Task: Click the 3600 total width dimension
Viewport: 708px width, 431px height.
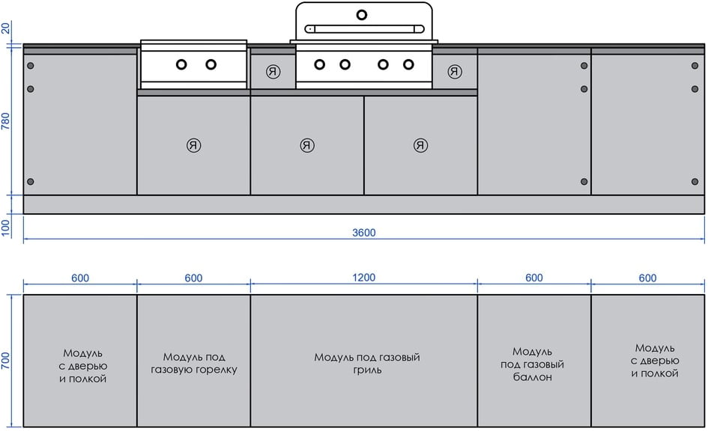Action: pos(364,233)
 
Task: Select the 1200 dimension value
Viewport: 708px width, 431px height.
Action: pos(364,278)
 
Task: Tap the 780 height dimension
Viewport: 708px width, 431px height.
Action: pos(7,122)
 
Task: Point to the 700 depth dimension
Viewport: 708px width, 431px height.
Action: pos(7,361)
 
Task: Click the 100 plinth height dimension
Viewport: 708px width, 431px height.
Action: pos(7,227)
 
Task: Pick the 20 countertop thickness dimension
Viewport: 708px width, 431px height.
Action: pos(7,28)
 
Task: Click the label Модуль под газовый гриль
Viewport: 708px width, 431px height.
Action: pos(366,364)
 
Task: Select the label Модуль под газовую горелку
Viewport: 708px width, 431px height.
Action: pos(193,364)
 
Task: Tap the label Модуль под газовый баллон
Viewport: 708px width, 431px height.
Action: pos(533,364)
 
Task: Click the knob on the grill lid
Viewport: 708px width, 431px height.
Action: pos(363,14)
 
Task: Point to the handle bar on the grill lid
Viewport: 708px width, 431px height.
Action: pos(364,28)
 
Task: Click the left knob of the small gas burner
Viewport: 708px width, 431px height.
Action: pos(181,64)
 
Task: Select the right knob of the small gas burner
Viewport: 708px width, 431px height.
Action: pos(211,64)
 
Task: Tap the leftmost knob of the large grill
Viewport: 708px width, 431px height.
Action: pos(320,64)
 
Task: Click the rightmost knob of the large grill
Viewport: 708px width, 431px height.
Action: pos(408,64)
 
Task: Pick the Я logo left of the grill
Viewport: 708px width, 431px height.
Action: pos(273,72)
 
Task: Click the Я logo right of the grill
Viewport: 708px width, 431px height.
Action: pos(455,72)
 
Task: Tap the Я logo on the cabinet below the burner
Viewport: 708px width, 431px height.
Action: pos(194,145)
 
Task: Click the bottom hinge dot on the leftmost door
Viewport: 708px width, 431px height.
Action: pos(31,182)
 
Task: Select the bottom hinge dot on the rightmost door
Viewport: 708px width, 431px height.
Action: pos(695,182)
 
